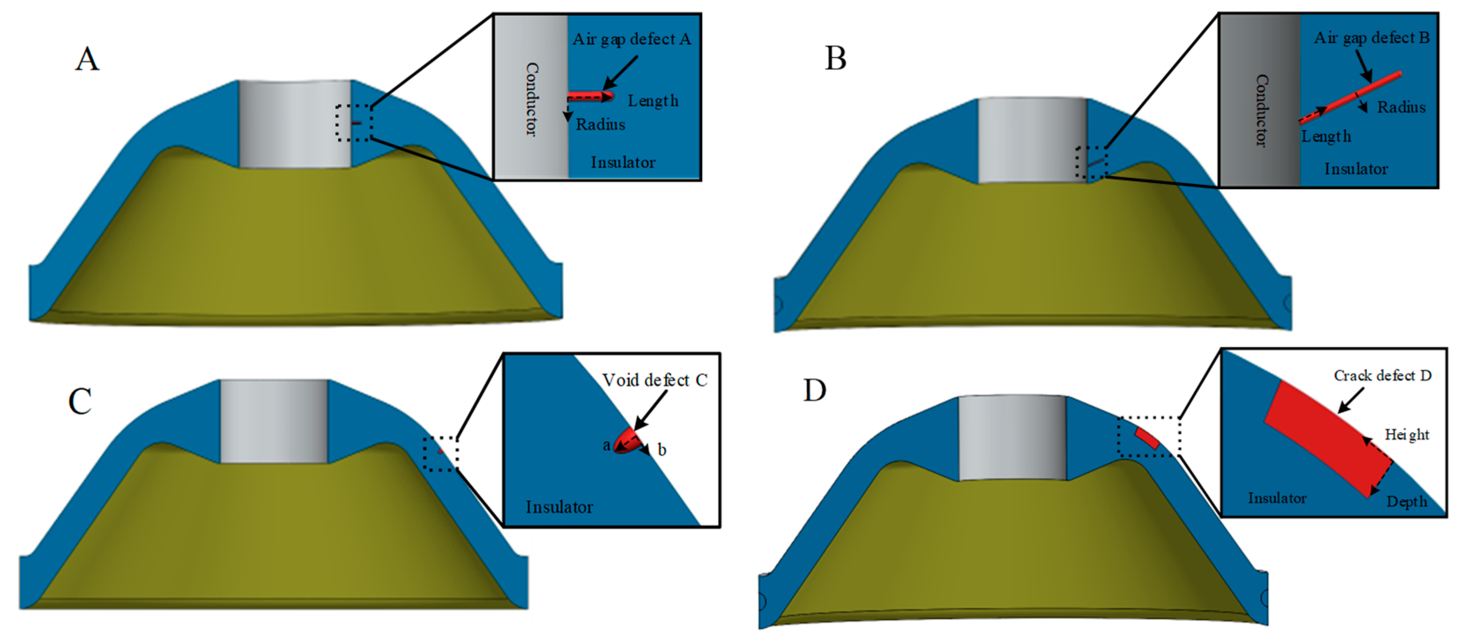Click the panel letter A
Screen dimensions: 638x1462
coord(87,59)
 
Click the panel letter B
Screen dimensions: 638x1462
coord(835,59)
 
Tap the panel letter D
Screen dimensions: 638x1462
coord(815,391)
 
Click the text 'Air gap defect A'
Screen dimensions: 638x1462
coord(631,39)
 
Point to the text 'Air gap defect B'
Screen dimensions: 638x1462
coord(1371,38)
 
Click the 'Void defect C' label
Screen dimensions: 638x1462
coord(655,380)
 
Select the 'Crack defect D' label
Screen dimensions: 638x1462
coord(1382,376)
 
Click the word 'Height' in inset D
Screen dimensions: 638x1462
coord(1406,435)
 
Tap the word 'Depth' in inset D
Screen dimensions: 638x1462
coord(1406,502)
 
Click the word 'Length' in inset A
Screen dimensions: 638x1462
coord(653,101)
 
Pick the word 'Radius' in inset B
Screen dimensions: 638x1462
coord(1401,107)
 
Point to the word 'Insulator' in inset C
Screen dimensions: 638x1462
coord(559,507)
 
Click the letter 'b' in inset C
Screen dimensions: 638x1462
coord(662,450)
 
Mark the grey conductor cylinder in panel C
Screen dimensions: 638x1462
coord(274,421)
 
